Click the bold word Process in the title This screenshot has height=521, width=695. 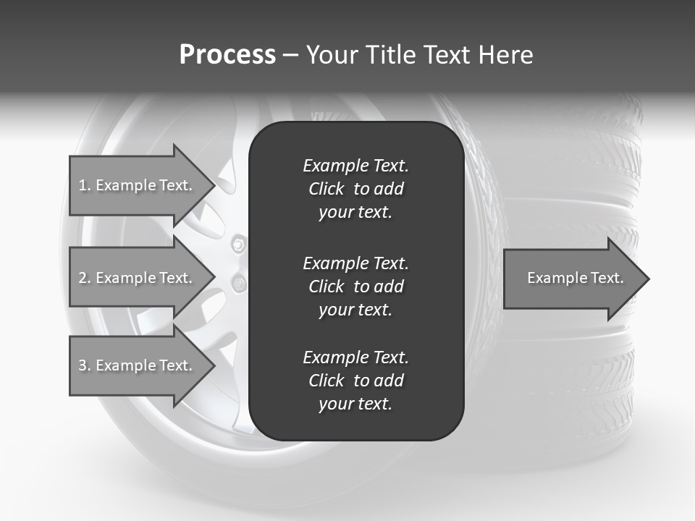click(x=227, y=55)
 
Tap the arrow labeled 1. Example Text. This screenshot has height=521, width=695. click(x=138, y=185)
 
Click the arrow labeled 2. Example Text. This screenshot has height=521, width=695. click(x=138, y=278)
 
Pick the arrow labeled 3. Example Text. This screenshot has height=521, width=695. click(x=138, y=365)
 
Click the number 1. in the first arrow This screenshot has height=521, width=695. click(x=84, y=185)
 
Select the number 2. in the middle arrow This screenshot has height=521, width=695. click(x=84, y=278)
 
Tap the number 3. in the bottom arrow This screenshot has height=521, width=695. click(x=84, y=365)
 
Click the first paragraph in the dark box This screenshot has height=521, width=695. click(x=355, y=189)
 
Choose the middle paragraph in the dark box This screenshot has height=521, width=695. click(x=355, y=286)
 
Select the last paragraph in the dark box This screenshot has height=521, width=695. click(x=355, y=381)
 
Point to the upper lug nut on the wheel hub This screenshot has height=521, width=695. click(x=237, y=245)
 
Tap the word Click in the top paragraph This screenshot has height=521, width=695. click(x=326, y=189)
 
